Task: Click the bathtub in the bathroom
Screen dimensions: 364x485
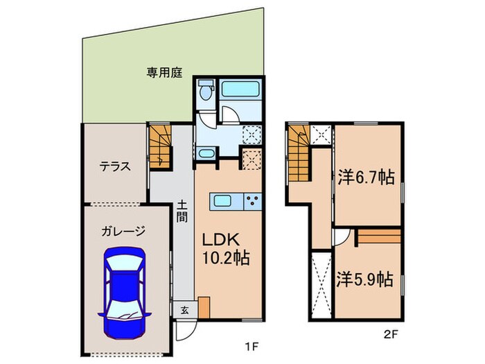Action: [x=240, y=89]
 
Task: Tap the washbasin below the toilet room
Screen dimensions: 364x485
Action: [x=206, y=154]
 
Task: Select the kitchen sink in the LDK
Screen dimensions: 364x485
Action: [x=223, y=201]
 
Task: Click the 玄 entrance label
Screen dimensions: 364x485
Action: [x=184, y=309]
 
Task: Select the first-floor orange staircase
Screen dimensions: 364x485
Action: [x=159, y=146]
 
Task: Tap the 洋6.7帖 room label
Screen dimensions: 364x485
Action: [x=367, y=177]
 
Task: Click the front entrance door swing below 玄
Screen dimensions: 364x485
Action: [x=184, y=329]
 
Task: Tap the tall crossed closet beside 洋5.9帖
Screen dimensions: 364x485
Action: [x=321, y=284]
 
